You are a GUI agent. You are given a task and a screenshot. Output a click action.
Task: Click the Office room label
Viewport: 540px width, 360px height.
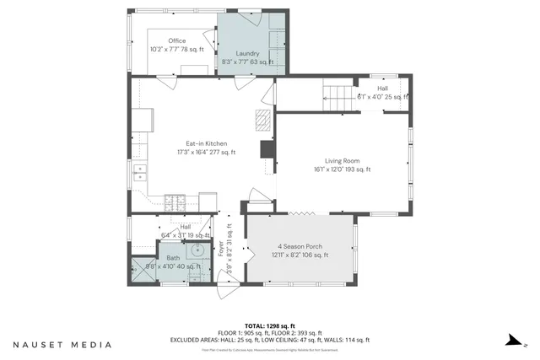click(x=176, y=40)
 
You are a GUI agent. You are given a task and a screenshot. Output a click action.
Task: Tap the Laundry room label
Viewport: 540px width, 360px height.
click(x=247, y=53)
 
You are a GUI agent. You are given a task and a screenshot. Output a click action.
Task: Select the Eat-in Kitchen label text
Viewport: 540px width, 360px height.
click(x=205, y=143)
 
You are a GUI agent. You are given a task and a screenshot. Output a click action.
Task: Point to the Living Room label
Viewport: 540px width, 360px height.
click(x=343, y=160)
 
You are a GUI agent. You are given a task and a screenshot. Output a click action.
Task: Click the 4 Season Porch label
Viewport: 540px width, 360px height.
click(x=300, y=246)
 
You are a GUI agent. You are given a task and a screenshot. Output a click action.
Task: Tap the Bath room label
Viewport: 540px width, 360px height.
click(x=173, y=258)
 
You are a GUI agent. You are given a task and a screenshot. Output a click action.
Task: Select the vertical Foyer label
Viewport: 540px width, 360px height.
click(x=222, y=250)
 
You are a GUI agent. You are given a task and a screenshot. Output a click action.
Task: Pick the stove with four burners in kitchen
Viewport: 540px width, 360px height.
click(x=175, y=202)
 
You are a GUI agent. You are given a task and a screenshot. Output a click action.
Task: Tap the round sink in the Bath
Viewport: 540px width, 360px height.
click(x=199, y=250)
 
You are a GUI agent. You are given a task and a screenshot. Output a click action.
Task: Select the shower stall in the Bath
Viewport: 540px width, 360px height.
click(x=138, y=271)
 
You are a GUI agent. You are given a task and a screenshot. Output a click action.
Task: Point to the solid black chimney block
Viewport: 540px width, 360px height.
click(x=268, y=149)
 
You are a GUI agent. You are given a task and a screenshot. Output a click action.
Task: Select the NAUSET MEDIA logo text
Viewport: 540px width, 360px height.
click(x=62, y=344)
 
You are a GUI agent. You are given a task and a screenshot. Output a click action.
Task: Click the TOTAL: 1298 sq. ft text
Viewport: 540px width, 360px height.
click(x=270, y=325)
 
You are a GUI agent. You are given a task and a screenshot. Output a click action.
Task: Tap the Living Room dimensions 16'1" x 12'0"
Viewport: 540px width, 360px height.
click(x=343, y=169)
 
